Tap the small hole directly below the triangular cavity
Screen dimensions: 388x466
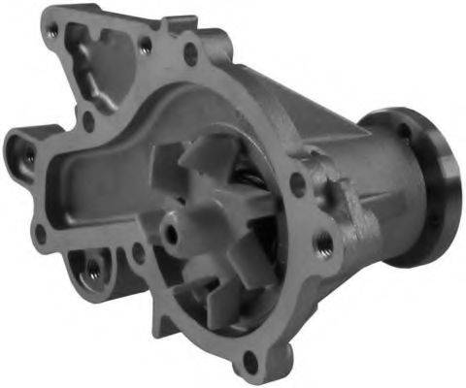click(x=89, y=120)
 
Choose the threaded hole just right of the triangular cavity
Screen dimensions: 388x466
click(x=146, y=45)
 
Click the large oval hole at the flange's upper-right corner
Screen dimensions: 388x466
click(x=190, y=52)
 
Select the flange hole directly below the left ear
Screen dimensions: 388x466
click(x=41, y=232)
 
